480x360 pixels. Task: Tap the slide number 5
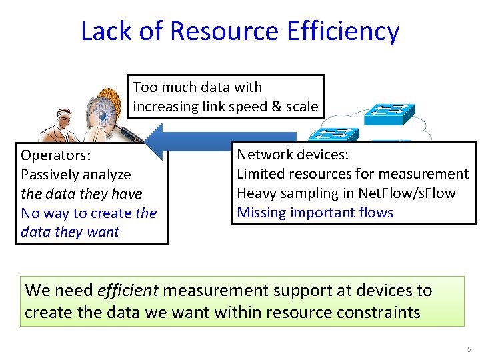[x=469, y=349]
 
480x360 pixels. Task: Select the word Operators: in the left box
[x=56, y=155]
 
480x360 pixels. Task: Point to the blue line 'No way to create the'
[x=89, y=213]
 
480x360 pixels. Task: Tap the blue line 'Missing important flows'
[x=315, y=213]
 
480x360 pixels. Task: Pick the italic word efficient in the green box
[x=127, y=291]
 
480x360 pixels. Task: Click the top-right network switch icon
[x=392, y=114]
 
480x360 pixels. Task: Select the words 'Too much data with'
[x=197, y=87]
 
